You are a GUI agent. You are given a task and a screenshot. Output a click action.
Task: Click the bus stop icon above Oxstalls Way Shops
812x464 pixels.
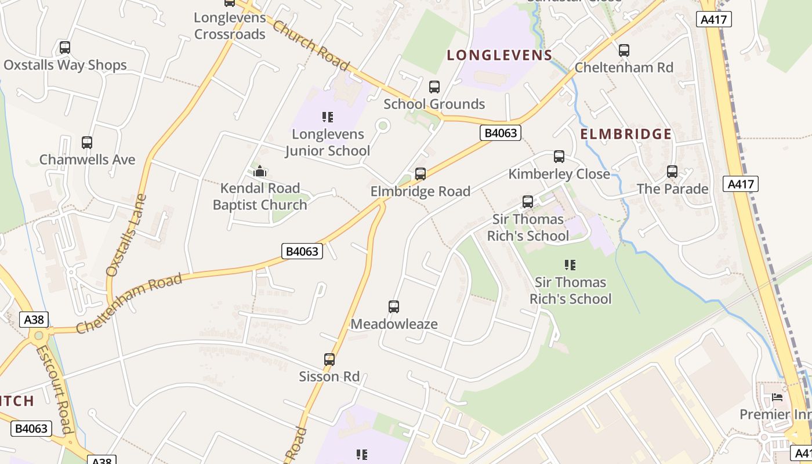[65, 48]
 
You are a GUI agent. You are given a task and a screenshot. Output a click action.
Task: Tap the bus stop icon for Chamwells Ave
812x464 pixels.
[87, 142]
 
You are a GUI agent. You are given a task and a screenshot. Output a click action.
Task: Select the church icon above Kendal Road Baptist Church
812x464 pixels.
[260, 171]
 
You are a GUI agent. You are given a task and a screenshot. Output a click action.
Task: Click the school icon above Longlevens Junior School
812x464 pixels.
[328, 117]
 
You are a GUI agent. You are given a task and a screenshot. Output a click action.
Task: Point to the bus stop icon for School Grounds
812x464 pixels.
[434, 87]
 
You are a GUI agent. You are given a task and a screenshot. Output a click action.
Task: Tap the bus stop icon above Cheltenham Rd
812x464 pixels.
[624, 50]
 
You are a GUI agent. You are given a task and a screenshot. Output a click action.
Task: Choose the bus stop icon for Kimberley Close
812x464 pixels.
[559, 157]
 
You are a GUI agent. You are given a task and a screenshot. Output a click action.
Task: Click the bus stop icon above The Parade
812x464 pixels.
[672, 172]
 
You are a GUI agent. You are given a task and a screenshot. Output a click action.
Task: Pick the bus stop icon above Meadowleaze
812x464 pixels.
[394, 307]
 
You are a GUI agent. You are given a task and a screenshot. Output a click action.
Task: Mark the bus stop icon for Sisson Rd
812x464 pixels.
[329, 360]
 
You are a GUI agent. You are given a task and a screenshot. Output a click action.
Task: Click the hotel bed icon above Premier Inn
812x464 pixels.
[777, 397]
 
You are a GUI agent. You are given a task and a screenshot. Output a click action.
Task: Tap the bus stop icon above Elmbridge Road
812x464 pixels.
[420, 174]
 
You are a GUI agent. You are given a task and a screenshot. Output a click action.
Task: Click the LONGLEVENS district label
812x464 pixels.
[499, 56]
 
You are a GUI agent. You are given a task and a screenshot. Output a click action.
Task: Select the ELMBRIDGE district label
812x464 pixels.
[626, 135]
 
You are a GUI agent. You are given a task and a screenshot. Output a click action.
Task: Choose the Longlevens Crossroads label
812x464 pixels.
[230, 26]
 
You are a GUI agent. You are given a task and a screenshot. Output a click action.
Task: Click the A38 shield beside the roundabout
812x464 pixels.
[34, 320]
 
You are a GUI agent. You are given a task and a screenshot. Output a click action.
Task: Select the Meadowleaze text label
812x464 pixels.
[394, 324]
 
